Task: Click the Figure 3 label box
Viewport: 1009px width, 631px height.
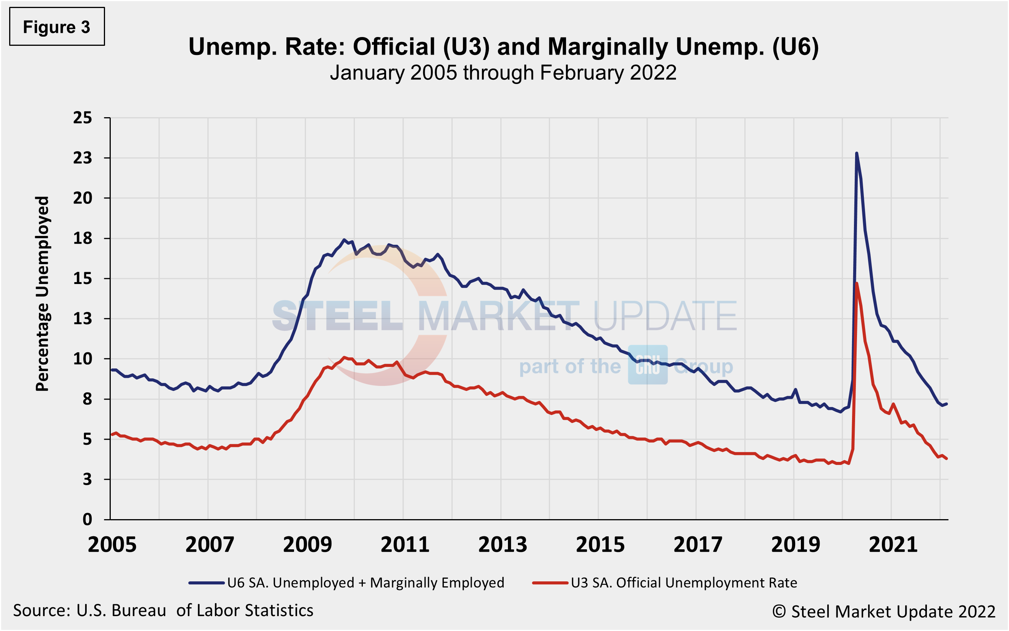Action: pos(57,27)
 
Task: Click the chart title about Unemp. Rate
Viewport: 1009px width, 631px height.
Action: pos(503,46)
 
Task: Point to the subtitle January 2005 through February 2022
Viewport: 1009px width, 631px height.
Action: pos(503,73)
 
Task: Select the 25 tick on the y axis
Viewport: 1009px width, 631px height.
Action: pos(82,118)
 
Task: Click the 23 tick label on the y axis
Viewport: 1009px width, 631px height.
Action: pos(82,158)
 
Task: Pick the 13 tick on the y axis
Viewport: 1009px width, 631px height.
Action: pos(82,319)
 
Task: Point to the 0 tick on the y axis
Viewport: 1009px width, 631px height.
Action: pos(87,520)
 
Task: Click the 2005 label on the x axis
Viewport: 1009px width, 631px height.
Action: pos(112,545)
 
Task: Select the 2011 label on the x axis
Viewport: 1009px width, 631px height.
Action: pos(405,545)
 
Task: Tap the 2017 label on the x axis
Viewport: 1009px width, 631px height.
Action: pos(698,545)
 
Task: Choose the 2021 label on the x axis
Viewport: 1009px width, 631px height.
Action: pos(893,545)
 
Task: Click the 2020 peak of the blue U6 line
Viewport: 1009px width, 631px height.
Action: pos(857,153)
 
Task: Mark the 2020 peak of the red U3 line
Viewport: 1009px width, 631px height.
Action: pos(857,283)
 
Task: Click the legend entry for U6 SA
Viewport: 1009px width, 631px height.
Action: pos(346,583)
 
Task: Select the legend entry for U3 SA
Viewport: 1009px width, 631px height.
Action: pos(665,583)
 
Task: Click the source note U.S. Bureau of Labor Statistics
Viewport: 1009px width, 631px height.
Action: pos(163,610)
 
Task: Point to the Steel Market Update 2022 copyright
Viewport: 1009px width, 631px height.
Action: pos(883,612)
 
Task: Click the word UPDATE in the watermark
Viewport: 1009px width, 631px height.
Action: pos(664,316)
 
